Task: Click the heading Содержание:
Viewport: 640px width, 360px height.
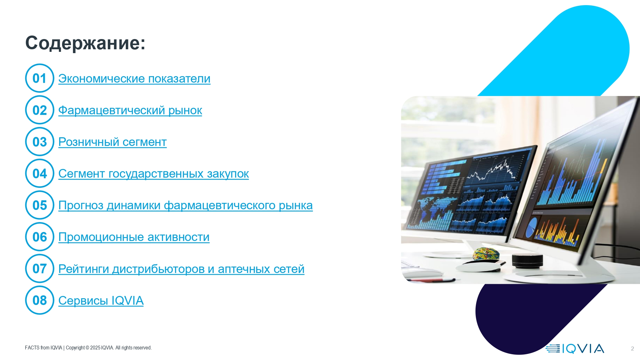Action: (85, 43)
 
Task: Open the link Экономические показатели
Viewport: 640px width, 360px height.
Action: (134, 78)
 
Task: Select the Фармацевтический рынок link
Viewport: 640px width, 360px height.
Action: (130, 110)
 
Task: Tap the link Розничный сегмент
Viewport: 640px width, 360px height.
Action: (112, 142)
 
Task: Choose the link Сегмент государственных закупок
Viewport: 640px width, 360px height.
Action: (154, 174)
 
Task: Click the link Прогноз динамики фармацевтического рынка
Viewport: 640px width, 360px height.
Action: (186, 205)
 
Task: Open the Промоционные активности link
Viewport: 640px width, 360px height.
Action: (134, 237)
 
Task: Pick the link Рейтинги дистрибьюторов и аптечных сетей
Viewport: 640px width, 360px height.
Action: (181, 269)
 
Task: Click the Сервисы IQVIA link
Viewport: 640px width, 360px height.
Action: (101, 300)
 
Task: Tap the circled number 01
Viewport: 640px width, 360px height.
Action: (40, 78)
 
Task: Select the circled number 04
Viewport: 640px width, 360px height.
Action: (40, 173)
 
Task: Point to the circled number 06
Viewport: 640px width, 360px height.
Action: (40, 237)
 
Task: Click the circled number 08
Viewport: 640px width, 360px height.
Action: (40, 300)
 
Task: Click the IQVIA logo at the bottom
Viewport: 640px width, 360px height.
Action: (575, 348)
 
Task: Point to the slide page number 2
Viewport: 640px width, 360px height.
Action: (632, 348)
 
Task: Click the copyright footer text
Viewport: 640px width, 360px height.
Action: (88, 348)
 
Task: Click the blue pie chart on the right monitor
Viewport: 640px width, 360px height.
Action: (532, 227)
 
